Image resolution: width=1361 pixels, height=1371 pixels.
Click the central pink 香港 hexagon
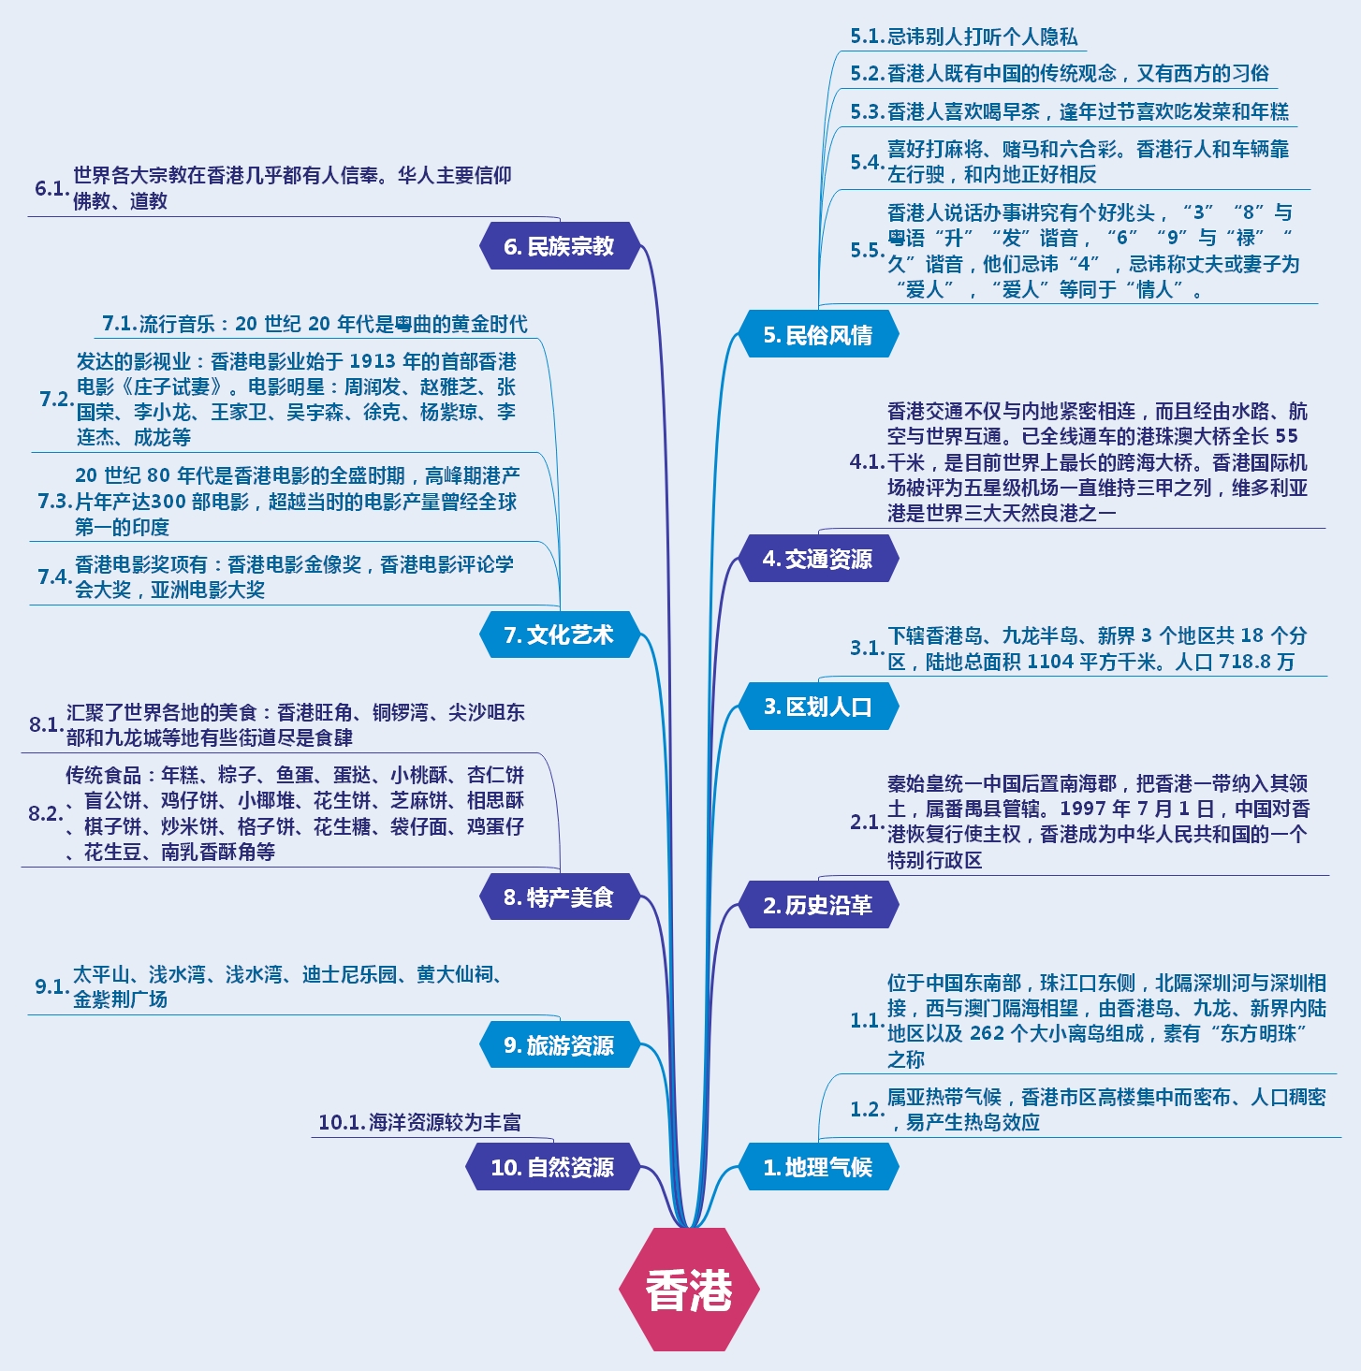(689, 1290)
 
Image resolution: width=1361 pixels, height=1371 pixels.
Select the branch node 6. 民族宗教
(559, 246)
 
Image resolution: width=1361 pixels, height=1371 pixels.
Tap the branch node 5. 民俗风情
(818, 335)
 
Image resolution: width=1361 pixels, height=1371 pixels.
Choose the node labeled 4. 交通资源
(818, 559)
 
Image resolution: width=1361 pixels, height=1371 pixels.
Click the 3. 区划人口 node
(818, 707)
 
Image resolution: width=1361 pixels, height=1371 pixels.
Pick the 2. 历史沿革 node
(818, 905)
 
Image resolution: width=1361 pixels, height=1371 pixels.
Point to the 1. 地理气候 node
(818, 1167)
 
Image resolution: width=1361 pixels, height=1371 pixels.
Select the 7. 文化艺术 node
(559, 634)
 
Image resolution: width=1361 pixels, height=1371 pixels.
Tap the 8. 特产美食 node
(559, 897)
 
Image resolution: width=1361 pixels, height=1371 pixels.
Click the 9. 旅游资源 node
(559, 1045)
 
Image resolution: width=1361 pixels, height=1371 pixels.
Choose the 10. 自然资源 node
(552, 1167)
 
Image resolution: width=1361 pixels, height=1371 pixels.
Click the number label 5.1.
(867, 36)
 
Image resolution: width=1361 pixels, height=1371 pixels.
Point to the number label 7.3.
(54, 502)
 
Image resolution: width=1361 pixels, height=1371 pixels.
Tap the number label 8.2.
(45, 813)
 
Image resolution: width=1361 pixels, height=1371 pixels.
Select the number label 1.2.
(867, 1109)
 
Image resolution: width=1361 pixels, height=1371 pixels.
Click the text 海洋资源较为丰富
(445, 1122)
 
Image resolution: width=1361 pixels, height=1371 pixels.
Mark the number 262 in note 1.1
(987, 1034)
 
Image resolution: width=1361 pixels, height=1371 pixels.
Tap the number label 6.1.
(51, 188)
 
